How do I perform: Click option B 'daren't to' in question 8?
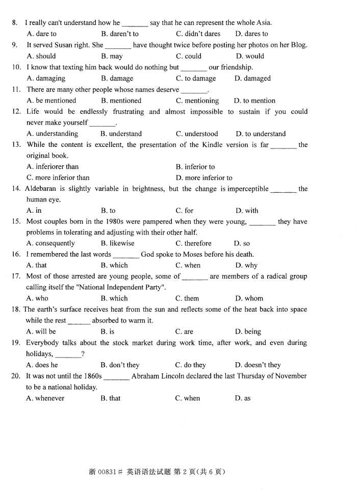(x=120, y=34)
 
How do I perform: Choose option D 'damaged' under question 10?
(x=252, y=79)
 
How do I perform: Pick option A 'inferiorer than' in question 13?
(x=53, y=167)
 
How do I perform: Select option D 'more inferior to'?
(x=204, y=178)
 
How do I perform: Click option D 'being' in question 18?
(x=248, y=332)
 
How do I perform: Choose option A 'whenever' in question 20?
(x=45, y=398)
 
